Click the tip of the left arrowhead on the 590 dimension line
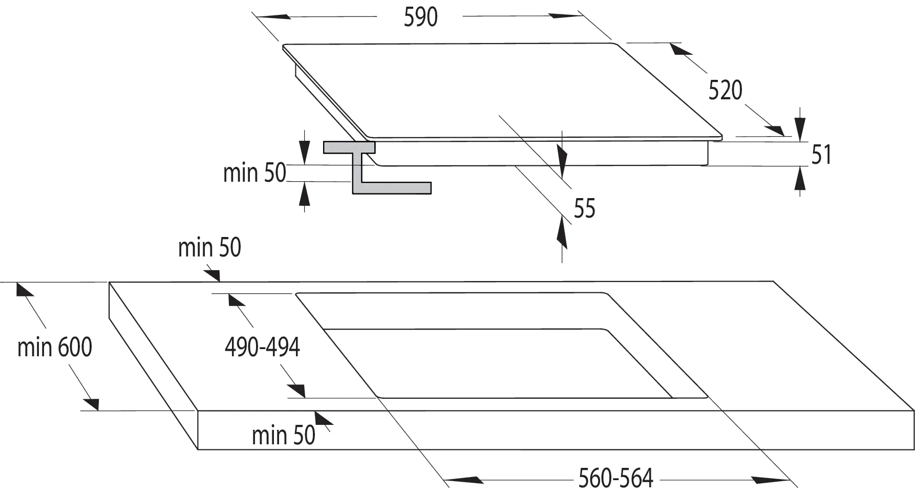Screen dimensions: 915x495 (x=258, y=16)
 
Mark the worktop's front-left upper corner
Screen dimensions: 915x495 (x=198, y=411)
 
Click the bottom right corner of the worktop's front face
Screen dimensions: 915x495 (x=914, y=450)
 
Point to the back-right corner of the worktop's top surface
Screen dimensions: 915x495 (x=773, y=281)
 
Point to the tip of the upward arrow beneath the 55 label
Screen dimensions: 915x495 (x=563, y=216)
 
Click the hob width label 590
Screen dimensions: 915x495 (x=420, y=17)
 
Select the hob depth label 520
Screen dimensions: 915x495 (x=725, y=91)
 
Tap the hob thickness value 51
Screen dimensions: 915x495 (x=822, y=155)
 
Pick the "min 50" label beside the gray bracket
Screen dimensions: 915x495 (x=254, y=173)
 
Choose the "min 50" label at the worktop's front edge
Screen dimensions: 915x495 (x=284, y=436)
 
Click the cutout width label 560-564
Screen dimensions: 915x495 (x=616, y=479)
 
